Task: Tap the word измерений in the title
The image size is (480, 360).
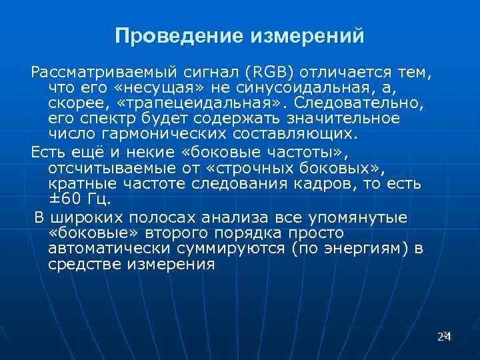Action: (x=307, y=36)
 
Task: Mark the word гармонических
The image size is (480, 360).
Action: (x=161, y=133)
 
